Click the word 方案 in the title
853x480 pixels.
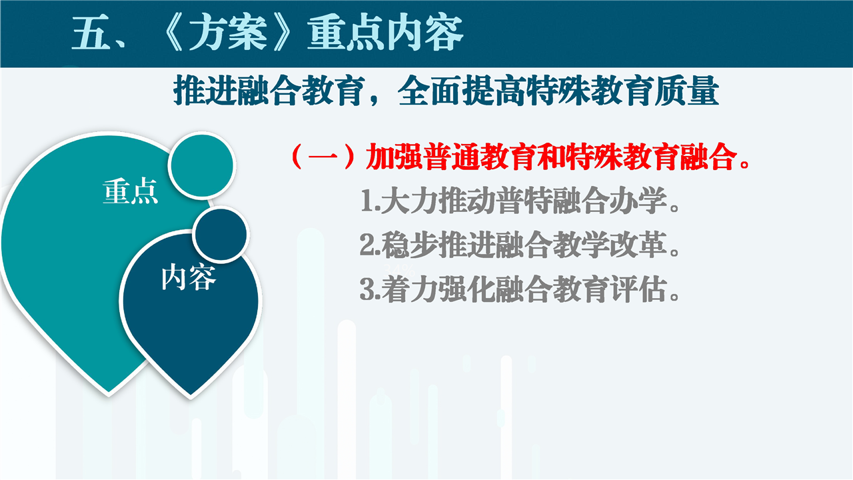[229, 33]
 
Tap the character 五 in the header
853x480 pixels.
[91, 33]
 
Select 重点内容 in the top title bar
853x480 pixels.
[385, 33]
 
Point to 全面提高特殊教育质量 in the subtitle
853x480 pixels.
[558, 91]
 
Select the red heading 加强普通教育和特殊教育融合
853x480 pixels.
[551, 156]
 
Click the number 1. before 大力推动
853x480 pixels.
[370, 201]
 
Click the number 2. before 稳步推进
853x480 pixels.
[370, 245]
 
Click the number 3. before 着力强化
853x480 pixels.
[370, 289]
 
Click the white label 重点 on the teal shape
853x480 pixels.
[130, 191]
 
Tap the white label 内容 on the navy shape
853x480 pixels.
[189, 277]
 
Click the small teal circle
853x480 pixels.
[202, 165]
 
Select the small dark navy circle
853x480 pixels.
[221, 234]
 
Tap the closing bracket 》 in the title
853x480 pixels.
[283, 33]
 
